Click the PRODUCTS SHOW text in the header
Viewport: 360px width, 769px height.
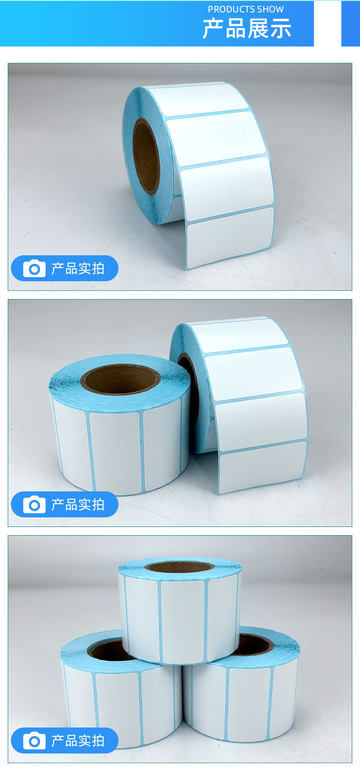pos(246,9)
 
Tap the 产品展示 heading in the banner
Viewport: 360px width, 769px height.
pos(247,29)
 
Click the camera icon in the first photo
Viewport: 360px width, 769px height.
pos(34,268)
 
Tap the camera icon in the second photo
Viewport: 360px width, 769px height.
pos(34,505)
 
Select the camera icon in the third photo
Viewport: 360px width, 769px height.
pos(34,741)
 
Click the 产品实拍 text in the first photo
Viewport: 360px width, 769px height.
pos(77,268)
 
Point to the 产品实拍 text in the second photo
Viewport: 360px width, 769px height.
pos(77,505)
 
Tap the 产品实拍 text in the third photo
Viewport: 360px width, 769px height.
pos(77,741)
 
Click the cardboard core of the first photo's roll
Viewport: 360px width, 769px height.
pos(145,156)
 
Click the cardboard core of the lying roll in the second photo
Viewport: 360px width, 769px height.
pos(120,379)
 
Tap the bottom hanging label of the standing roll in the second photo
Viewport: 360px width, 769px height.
pos(262,466)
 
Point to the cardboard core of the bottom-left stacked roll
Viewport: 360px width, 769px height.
pos(110,650)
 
